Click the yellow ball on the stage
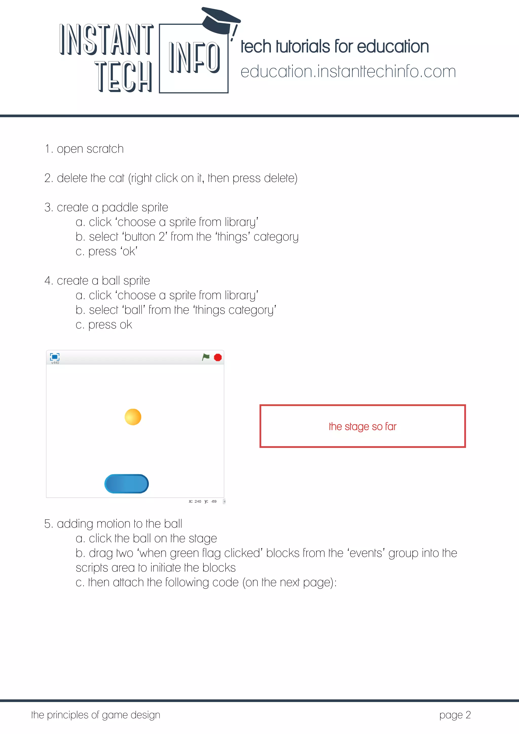click(133, 417)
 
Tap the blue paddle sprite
click(126, 484)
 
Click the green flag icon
click(206, 357)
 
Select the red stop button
click(218, 357)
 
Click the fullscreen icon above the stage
click(55, 357)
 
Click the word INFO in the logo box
click(194, 58)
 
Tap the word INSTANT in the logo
click(106, 39)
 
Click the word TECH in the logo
click(123, 77)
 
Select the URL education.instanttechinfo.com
click(348, 72)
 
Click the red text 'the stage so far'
click(362, 427)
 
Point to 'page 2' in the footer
click(455, 715)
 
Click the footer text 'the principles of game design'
click(96, 715)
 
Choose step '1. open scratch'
click(84, 149)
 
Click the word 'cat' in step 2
click(116, 178)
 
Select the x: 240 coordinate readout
click(195, 501)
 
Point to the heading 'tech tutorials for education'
click(335, 47)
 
